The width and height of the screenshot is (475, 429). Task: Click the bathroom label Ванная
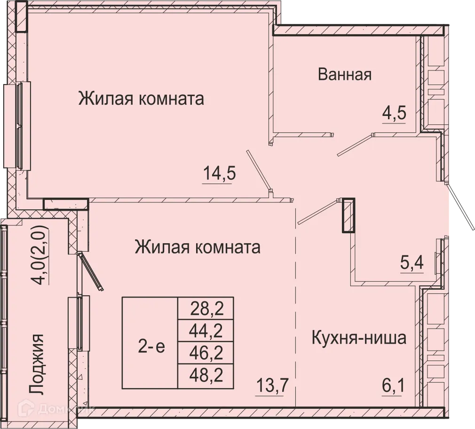click(x=345, y=74)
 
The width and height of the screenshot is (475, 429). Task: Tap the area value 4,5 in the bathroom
click(x=393, y=114)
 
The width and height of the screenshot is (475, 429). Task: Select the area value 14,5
click(x=219, y=174)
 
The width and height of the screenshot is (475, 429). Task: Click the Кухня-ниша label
click(x=359, y=338)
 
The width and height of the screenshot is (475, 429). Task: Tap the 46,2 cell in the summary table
click(x=206, y=353)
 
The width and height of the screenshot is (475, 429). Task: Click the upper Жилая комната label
click(x=141, y=99)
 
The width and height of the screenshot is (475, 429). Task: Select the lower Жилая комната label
click(x=198, y=247)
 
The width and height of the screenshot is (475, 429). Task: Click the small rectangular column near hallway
click(x=348, y=215)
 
